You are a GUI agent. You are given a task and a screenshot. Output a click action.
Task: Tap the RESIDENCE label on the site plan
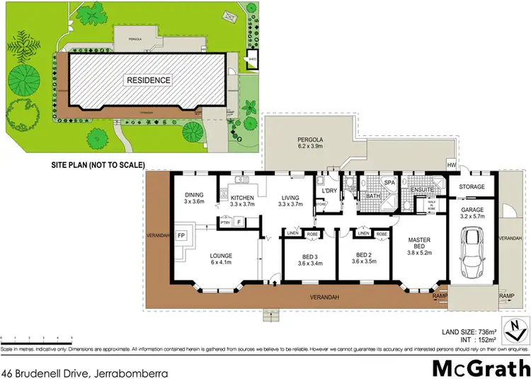(149, 80)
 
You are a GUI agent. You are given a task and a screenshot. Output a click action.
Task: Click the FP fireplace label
(181, 235)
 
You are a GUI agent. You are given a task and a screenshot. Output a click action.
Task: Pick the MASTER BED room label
(419, 245)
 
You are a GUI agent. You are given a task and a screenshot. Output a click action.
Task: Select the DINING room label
(195, 197)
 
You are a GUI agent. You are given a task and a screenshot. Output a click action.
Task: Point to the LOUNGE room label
(222, 257)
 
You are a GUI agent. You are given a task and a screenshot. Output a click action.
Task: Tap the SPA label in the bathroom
(389, 183)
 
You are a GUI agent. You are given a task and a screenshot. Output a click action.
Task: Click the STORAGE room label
(472, 187)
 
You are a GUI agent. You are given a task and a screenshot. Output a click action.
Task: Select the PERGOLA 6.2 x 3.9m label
(309, 145)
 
